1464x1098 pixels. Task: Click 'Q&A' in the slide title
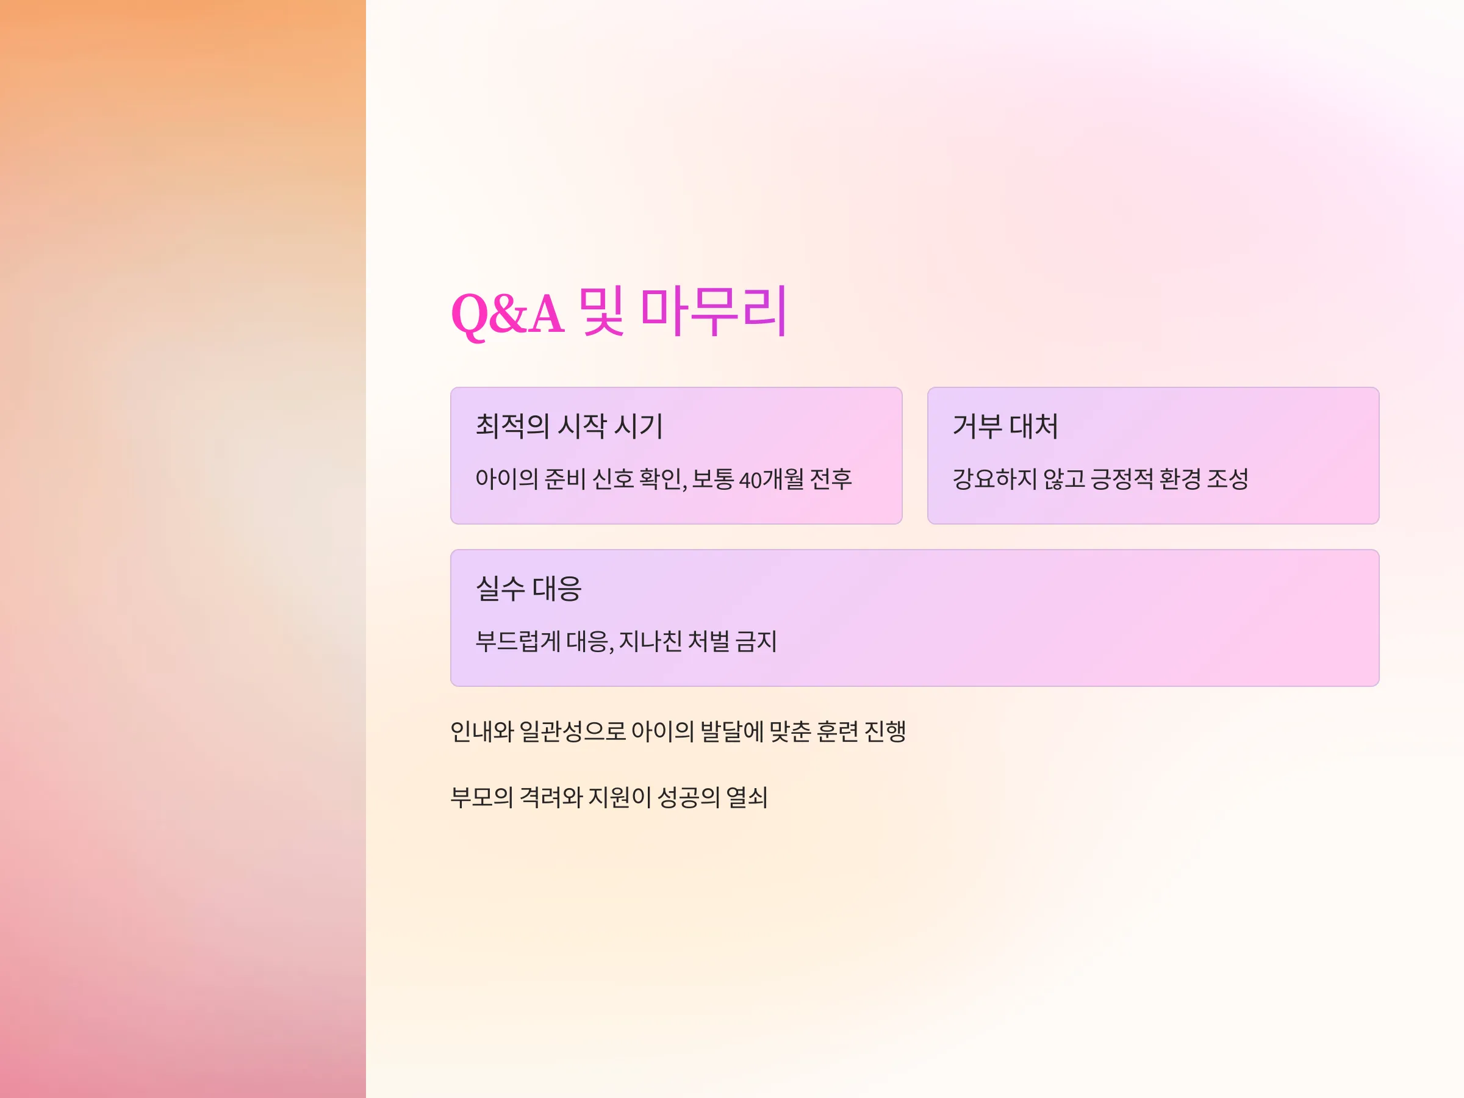[507, 313]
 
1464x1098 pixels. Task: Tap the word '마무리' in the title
[714, 311]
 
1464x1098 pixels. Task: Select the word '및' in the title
[601, 311]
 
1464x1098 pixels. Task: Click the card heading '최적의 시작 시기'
[569, 426]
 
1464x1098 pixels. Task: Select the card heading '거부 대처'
[1005, 426]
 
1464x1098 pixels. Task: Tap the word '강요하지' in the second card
[994, 478]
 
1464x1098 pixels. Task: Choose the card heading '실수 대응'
[528, 587]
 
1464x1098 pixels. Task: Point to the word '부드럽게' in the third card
[517, 640]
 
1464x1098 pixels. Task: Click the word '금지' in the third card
[756, 640]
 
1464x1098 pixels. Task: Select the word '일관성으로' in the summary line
[573, 731]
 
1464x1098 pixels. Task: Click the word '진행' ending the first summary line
[886, 731]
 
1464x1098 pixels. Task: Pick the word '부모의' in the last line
[482, 797]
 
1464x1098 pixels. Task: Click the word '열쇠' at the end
[747, 797]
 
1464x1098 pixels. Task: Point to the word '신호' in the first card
[613, 478]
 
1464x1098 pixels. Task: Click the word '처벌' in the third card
[709, 640]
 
